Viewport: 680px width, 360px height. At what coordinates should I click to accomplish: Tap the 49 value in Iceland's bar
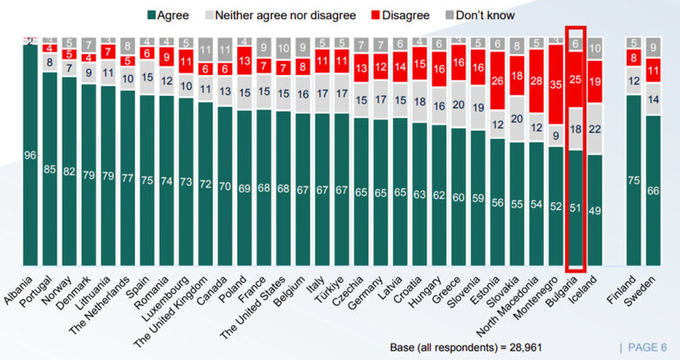(x=595, y=209)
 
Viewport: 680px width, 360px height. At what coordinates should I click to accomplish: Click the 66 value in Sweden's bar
(x=654, y=191)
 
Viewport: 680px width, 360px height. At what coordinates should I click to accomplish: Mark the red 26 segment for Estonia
(x=497, y=81)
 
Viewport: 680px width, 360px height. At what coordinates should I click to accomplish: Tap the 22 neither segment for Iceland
(x=595, y=129)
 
